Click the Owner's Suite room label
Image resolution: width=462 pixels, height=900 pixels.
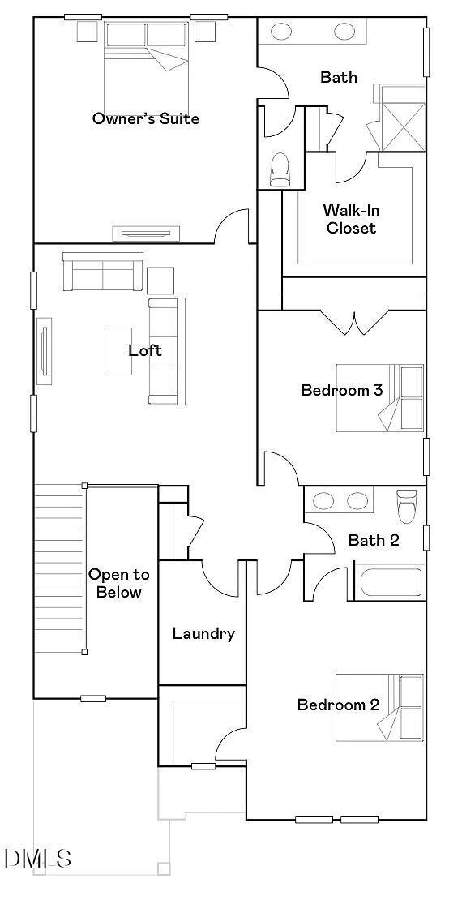pyautogui.click(x=146, y=118)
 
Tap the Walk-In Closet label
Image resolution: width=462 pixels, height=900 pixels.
pyautogui.click(x=351, y=219)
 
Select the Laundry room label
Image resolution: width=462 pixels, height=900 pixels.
pyautogui.click(x=203, y=633)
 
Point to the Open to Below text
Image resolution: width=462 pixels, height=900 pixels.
pyautogui.click(x=119, y=583)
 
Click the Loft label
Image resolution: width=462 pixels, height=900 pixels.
pyautogui.click(x=145, y=350)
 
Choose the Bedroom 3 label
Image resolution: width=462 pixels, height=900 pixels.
pyautogui.click(x=341, y=390)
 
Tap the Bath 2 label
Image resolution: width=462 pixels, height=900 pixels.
pyautogui.click(x=374, y=540)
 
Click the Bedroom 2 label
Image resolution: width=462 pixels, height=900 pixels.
pyautogui.click(x=338, y=705)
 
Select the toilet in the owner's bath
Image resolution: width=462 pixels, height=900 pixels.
pyautogui.click(x=280, y=169)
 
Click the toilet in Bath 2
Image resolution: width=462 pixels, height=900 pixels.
pyautogui.click(x=406, y=506)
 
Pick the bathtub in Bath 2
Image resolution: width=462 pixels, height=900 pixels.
pyautogui.click(x=391, y=583)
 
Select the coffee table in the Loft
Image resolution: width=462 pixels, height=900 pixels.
pyautogui.click(x=118, y=350)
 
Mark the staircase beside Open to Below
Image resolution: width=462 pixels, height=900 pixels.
pyautogui.click(x=58, y=568)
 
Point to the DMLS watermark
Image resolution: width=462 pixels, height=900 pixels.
pyautogui.click(x=37, y=858)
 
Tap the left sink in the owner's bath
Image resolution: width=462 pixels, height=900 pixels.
pyautogui.click(x=281, y=32)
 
